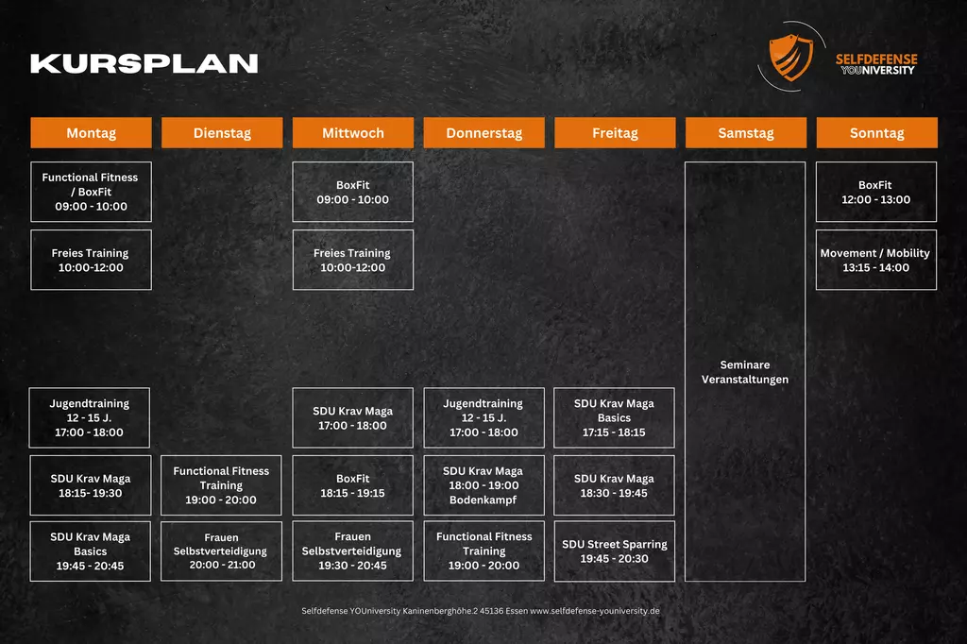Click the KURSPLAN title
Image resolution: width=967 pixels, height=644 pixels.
click(x=144, y=63)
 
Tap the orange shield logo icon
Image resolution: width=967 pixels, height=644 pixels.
click(x=790, y=57)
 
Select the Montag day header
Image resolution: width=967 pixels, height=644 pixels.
click(x=91, y=133)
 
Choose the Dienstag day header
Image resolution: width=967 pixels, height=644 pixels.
click(x=222, y=133)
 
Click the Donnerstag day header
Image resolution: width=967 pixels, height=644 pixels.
click(x=483, y=133)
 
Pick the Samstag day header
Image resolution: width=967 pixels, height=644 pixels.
click(x=745, y=133)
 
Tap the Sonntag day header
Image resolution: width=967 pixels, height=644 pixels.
click(x=876, y=133)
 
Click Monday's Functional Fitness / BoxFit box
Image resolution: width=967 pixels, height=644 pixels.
click(x=91, y=192)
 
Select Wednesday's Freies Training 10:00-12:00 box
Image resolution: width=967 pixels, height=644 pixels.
click(x=352, y=260)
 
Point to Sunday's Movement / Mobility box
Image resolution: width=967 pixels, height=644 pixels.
click(x=876, y=260)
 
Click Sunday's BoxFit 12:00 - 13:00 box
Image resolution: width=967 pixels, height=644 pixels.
click(x=876, y=192)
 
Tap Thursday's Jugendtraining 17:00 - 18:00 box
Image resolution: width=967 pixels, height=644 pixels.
click(x=483, y=417)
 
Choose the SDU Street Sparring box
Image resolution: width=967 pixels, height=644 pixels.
click(x=615, y=551)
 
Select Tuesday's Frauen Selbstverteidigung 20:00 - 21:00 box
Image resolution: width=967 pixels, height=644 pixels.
click(x=222, y=551)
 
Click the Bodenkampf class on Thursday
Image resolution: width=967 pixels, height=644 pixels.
click(x=483, y=485)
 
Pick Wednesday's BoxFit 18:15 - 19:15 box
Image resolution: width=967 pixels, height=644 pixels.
click(x=352, y=485)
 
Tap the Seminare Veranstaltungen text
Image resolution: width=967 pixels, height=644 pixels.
click(x=745, y=372)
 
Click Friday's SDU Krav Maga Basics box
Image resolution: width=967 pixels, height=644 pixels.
click(x=615, y=417)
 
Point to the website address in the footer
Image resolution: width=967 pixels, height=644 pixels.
click(x=595, y=611)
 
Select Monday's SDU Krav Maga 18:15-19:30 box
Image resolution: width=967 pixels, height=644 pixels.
click(x=91, y=485)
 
